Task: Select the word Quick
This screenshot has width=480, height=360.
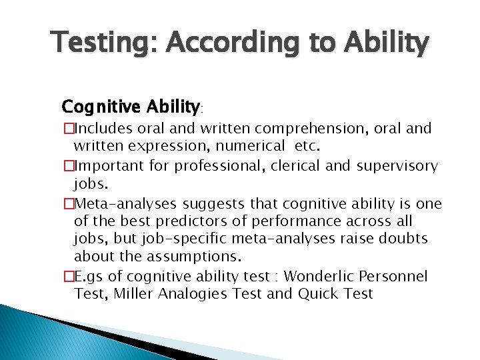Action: click(317, 294)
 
